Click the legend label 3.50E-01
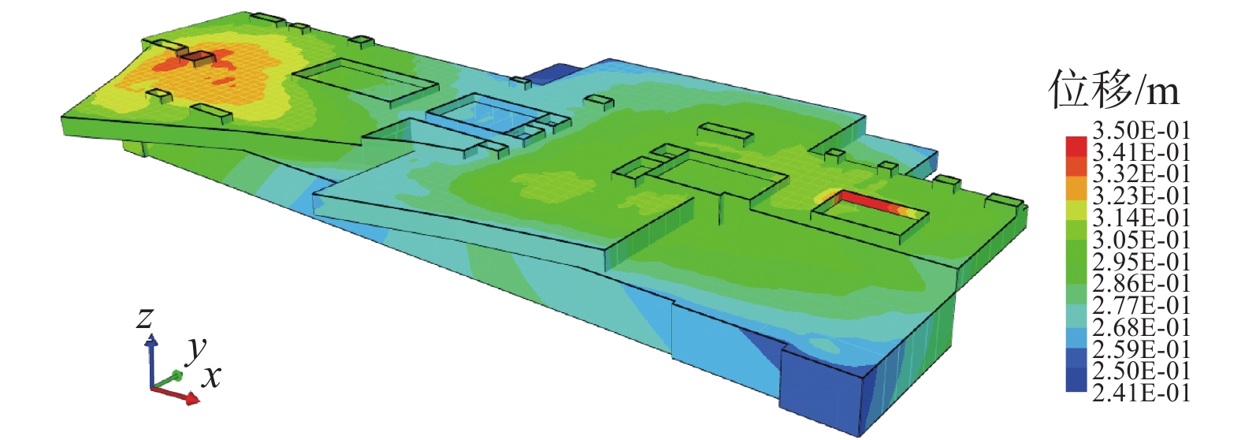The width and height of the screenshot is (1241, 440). click(1141, 130)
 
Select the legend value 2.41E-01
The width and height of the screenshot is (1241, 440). click(1141, 393)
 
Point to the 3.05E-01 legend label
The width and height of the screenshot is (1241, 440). click(1141, 240)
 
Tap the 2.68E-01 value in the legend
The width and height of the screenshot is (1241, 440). click(1141, 327)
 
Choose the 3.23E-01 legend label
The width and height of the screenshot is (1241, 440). click(1141, 196)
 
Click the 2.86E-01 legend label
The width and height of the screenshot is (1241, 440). click(1141, 283)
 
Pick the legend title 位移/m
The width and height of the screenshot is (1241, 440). click(1113, 89)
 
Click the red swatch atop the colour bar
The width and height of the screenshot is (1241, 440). click(1076, 147)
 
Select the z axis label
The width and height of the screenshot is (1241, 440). click(145, 318)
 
